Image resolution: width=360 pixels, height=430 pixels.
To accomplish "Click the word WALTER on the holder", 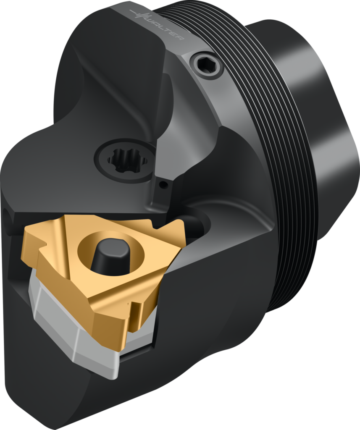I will pyautogui.click(x=166, y=26).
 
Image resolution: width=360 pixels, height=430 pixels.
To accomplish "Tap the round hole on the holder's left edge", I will pyautogui.click(x=6, y=216).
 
